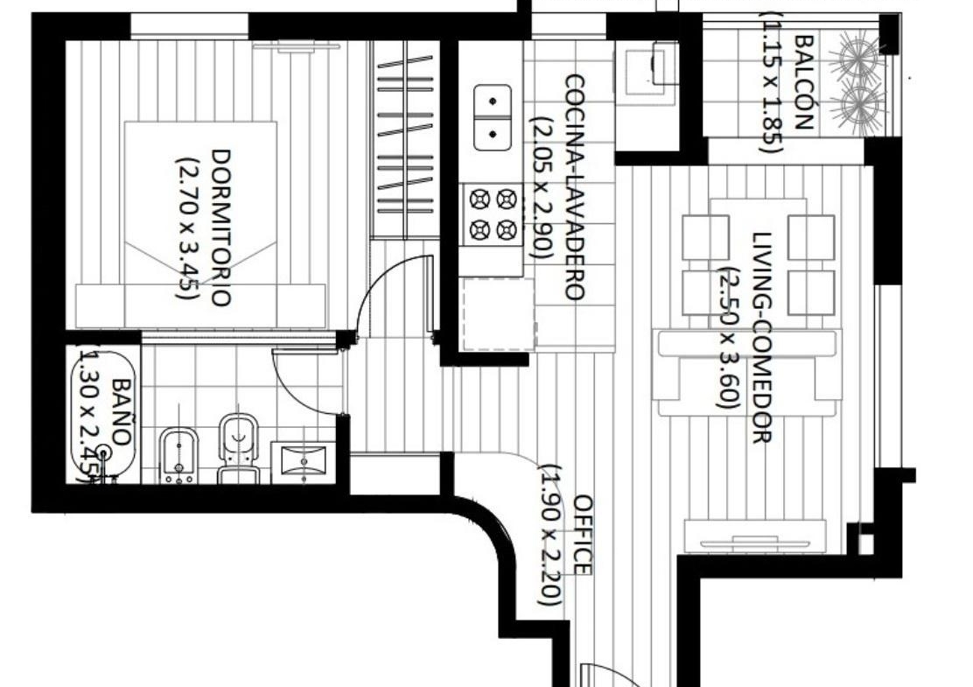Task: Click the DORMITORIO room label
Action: coord(220,228)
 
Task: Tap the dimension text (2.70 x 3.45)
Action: coord(186,228)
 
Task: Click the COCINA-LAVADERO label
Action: coord(574,187)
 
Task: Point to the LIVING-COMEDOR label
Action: coord(761,338)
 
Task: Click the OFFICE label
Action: coord(584,535)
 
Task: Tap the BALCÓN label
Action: coord(803,81)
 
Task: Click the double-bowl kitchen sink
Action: coord(493,117)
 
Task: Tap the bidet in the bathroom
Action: coord(179,455)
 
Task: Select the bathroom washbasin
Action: coord(304,462)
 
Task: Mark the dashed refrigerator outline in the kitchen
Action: coord(498,315)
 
